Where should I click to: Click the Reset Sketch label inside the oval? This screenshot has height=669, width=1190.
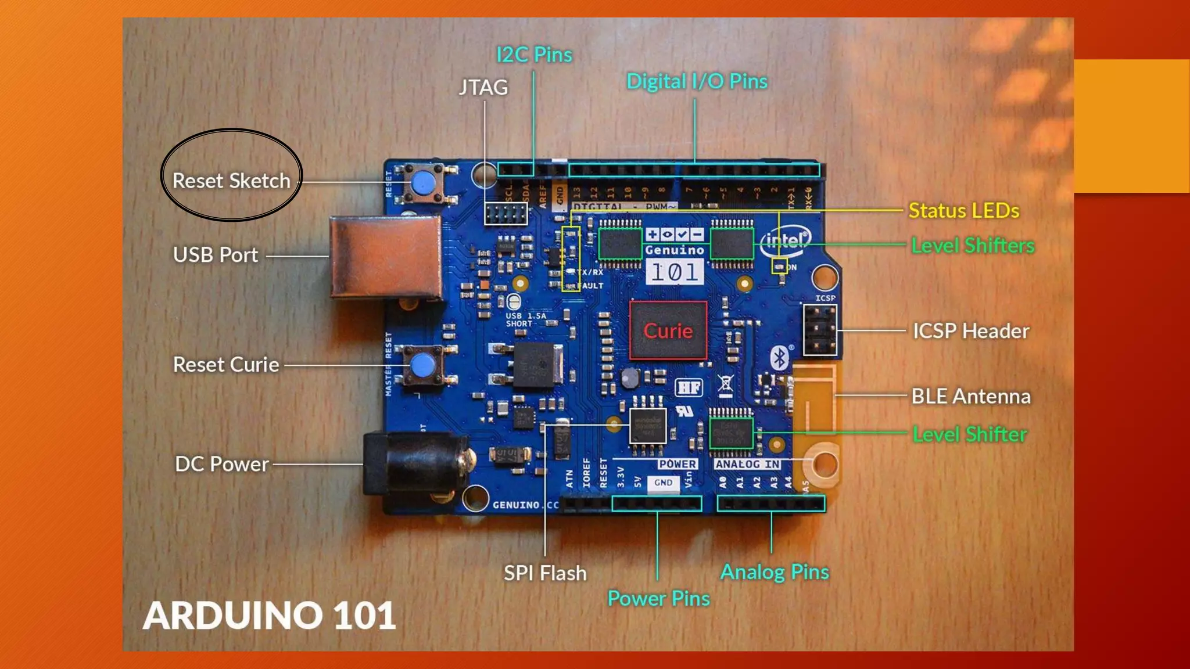point(231,181)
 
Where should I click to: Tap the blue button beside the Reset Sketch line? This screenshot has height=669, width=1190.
point(424,183)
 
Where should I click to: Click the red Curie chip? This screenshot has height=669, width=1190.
point(668,330)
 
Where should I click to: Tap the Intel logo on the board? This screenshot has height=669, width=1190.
point(784,240)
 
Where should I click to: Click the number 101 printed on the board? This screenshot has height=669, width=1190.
point(674,272)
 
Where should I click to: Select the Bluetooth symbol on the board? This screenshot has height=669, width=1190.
point(779,358)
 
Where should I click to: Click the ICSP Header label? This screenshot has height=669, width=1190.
point(971,331)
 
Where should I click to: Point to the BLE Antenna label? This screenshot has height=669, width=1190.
point(971,397)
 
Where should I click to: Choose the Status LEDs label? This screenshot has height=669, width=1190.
point(963,211)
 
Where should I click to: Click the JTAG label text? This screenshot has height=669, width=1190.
point(483,88)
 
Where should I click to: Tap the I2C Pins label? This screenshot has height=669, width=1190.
point(534,55)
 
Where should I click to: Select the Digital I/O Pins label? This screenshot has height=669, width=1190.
point(697,82)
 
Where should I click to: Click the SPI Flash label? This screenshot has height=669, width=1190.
point(545,573)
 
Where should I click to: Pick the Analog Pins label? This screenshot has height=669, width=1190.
point(775,572)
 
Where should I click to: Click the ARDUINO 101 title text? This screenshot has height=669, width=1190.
point(269,616)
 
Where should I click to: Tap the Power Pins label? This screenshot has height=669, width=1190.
point(658,599)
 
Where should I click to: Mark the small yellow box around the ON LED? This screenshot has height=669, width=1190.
point(779,266)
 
